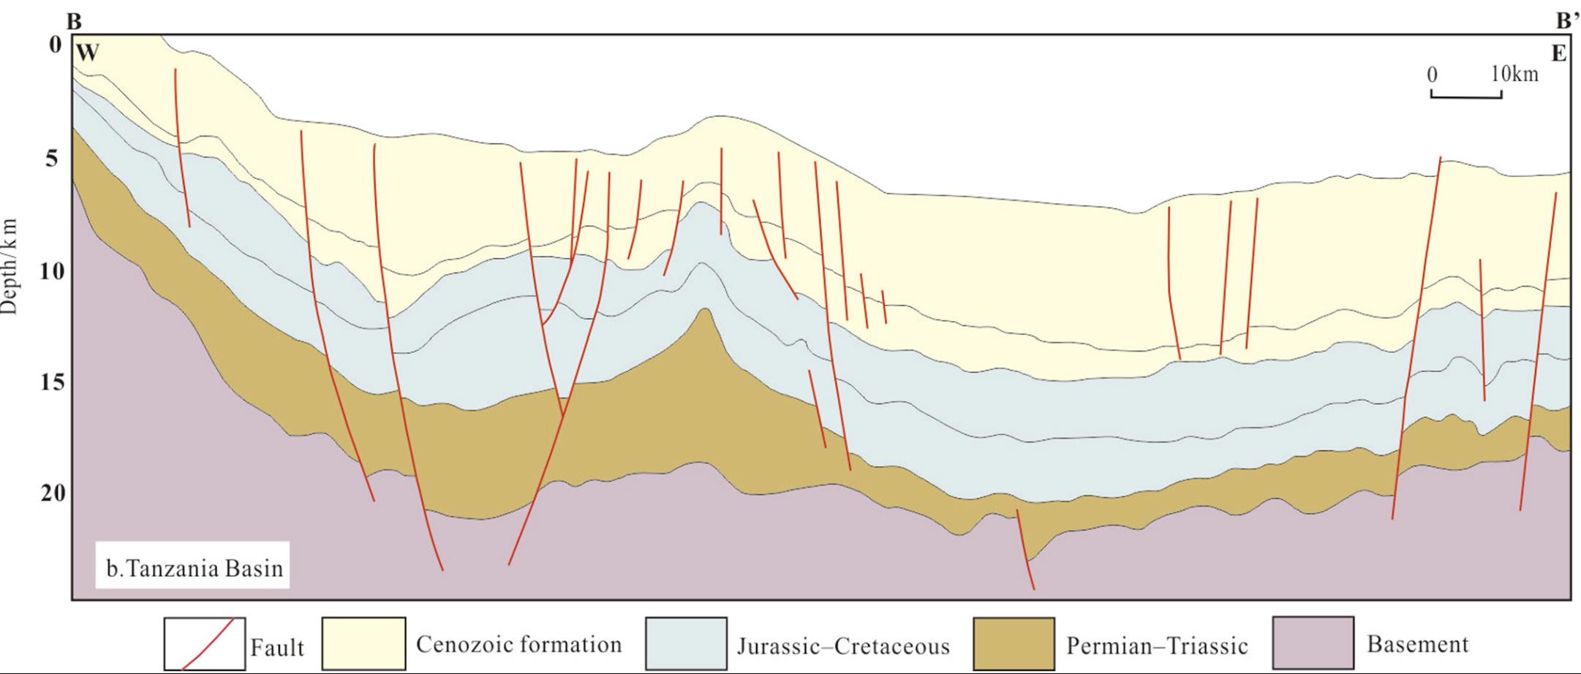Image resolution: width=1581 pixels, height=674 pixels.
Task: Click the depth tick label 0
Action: (56, 45)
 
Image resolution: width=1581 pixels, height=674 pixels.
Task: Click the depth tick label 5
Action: (52, 158)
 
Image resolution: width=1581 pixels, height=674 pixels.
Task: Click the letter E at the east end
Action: (1559, 54)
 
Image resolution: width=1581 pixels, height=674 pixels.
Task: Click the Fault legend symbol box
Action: (204, 644)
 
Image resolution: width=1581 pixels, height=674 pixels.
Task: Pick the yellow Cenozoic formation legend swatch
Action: (363, 644)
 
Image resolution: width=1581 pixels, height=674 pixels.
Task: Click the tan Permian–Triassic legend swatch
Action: (1014, 644)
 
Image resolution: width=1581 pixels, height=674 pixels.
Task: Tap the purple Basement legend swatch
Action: (1313, 644)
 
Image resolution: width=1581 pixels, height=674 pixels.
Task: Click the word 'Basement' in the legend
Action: (1417, 644)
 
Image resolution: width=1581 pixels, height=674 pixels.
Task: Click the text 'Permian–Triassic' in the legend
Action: (1157, 645)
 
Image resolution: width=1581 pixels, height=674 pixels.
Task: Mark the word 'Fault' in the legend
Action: (277, 647)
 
